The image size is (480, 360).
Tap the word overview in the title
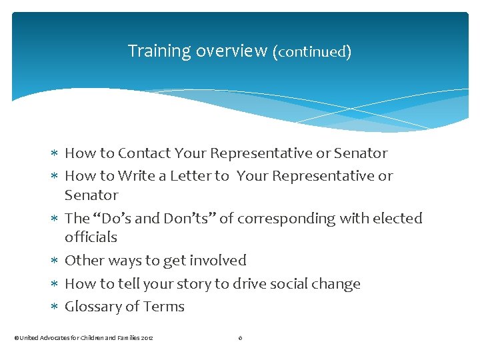tap(231, 51)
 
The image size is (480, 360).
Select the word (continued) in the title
tap(312, 51)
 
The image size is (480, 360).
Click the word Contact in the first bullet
tap(145, 153)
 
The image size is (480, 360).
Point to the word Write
tap(136, 176)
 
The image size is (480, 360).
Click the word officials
tap(91, 237)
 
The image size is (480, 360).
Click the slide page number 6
tap(240, 338)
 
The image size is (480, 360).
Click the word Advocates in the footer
tap(55, 338)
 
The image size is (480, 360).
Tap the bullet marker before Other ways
tap(55, 261)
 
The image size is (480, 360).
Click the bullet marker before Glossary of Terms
tap(55, 307)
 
